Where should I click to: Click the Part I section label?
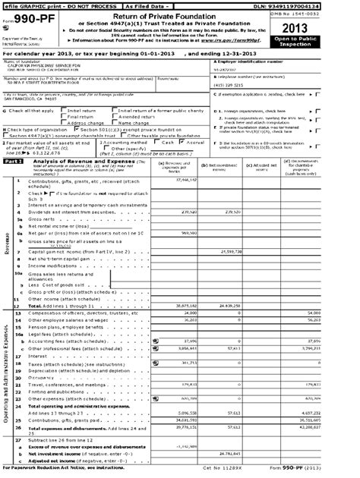[14, 160]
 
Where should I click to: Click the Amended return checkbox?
[113, 117]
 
